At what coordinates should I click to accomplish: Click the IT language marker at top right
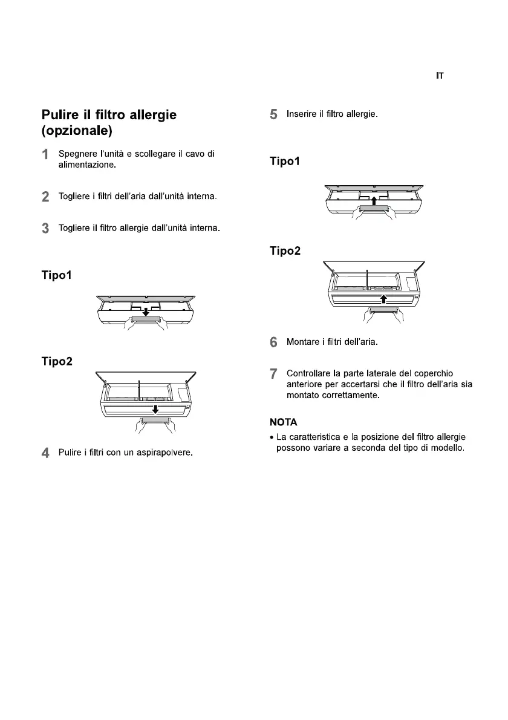[x=440, y=76]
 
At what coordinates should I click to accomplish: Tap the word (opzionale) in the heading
[x=77, y=131]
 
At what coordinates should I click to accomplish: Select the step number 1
[x=45, y=154]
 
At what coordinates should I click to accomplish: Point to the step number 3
[x=45, y=228]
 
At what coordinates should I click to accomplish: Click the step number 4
[x=45, y=453]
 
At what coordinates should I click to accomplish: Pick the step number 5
[x=273, y=114]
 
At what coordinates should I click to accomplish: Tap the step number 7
[x=273, y=374]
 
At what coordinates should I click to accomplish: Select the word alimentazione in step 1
[x=86, y=165]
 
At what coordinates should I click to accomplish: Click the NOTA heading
[x=283, y=422]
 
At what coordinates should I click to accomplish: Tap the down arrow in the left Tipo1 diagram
[x=146, y=312]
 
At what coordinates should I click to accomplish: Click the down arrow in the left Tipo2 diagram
[x=155, y=409]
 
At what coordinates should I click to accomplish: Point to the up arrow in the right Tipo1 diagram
[x=374, y=200]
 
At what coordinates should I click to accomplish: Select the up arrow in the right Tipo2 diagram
[x=383, y=299]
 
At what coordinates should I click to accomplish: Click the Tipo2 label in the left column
[x=57, y=361]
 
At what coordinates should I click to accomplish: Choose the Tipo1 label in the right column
[x=284, y=161]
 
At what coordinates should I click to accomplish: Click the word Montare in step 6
[x=303, y=342]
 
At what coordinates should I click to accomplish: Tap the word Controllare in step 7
[x=308, y=373]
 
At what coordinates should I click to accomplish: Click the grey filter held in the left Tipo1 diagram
[x=146, y=319]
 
